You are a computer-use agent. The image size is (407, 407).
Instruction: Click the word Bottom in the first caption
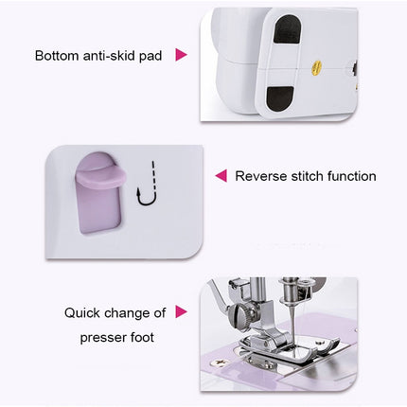58,56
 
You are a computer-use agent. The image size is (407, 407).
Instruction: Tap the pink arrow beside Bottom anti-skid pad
181,56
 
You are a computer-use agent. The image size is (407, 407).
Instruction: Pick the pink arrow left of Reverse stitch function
221,176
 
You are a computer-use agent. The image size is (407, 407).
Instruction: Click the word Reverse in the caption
261,176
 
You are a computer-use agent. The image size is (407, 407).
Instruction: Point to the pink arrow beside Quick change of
181,312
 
